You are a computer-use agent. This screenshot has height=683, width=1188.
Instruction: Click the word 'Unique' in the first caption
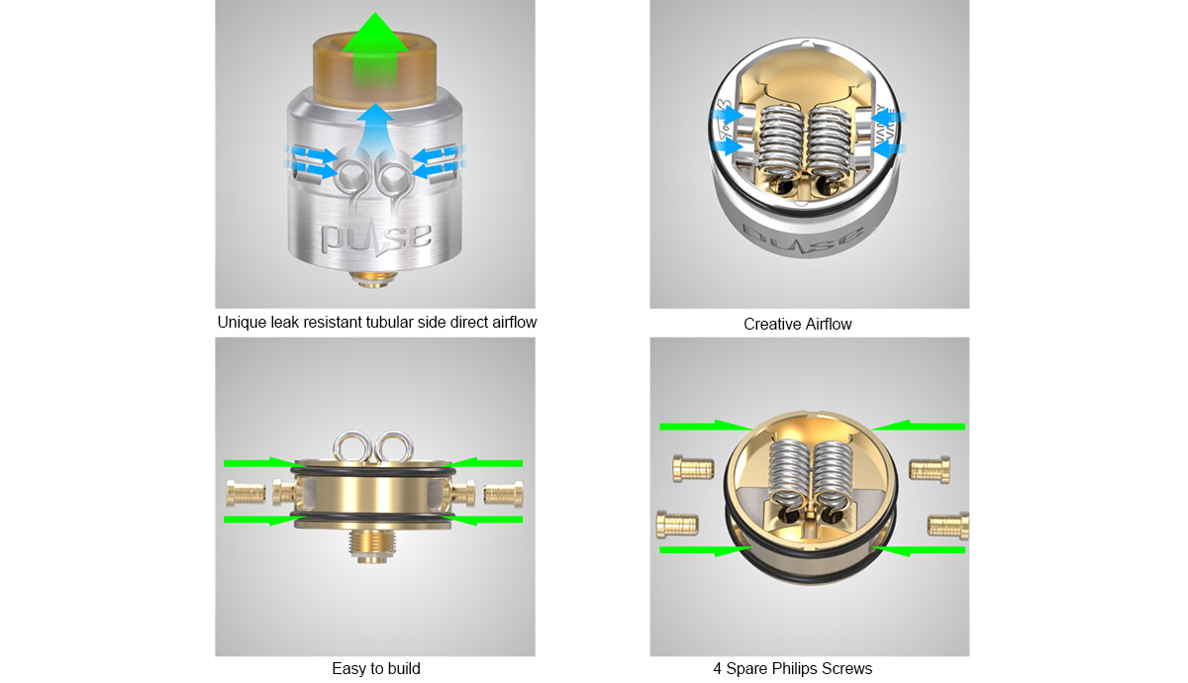(242, 323)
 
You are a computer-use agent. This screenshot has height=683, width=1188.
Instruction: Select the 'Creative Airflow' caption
(797, 324)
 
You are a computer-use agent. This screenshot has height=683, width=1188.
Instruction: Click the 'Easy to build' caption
(375, 669)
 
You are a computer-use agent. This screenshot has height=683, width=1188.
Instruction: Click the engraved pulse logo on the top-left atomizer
(375, 237)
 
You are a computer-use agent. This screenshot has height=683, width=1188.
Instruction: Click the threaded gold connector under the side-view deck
(374, 544)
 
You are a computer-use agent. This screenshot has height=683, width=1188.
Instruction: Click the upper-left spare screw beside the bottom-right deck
(690, 465)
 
